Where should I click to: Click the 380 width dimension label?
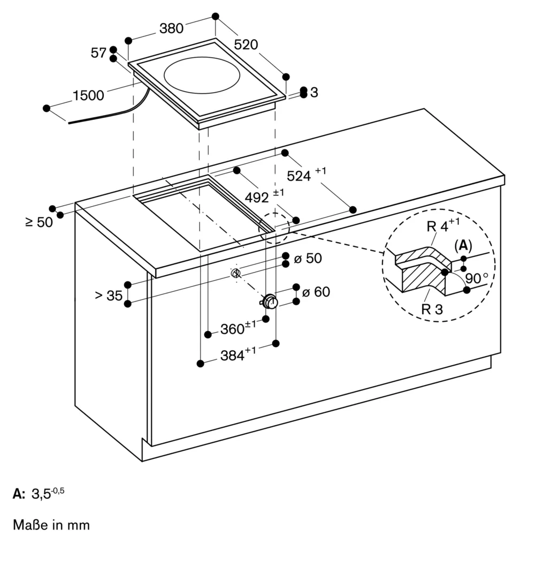point(171,28)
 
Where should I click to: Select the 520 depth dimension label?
point(246,44)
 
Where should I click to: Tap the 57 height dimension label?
point(98,53)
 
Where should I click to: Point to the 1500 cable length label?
point(88,95)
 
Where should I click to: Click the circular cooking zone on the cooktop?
point(202,75)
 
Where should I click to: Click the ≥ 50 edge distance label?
point(39,222)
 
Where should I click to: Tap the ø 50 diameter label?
point(308,259)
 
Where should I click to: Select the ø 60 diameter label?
point(316,292)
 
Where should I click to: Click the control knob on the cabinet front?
point(270,301)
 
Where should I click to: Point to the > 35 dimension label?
point(109,296)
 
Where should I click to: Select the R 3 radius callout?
point(432,309)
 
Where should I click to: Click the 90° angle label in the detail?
point(477,278)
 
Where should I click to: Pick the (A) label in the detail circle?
point(463,246)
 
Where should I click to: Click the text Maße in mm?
point(51,525)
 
